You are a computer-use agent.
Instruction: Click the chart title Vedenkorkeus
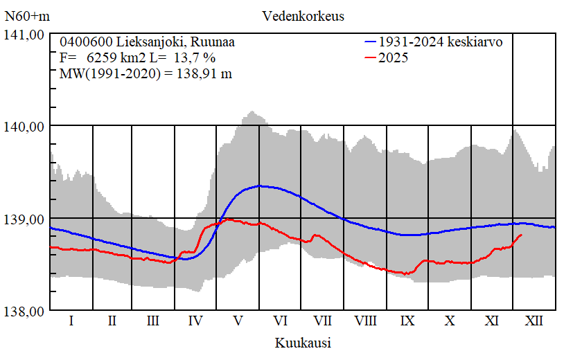point(303,15)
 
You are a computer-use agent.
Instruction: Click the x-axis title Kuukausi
point(303,342)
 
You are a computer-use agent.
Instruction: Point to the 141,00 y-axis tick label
point(25,34)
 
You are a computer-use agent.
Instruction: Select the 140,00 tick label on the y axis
point(25,126)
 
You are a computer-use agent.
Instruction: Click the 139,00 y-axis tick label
point(25,219)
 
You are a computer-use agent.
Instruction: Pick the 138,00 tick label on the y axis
point(25,311)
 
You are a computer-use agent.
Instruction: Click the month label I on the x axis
point(71,321)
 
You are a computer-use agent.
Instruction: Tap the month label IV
point(195,321)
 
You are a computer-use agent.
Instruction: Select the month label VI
point(281,321)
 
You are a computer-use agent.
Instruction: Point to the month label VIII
point(365,321)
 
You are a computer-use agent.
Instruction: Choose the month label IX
point(407,321)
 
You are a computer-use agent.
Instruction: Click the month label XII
point(534,321)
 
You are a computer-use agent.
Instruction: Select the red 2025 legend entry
point(394,58)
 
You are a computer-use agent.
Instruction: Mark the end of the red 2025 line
point(521,235)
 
